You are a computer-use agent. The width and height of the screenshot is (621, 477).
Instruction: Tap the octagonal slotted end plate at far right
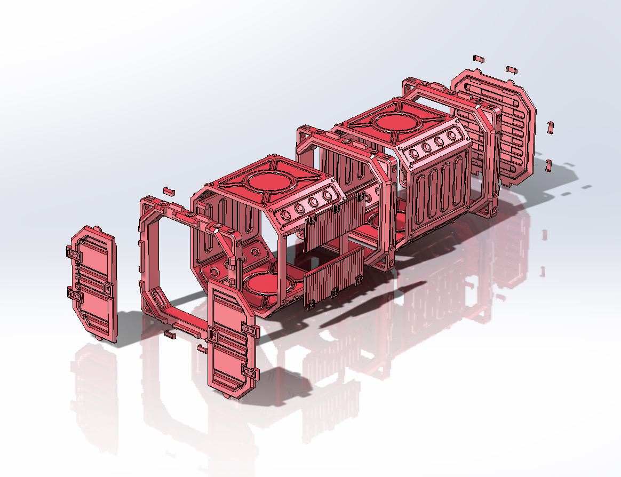click(x=493, y=128)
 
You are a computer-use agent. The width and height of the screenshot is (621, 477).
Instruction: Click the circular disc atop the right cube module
click(x=397, y=122)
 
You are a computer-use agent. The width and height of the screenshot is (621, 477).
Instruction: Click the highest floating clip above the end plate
click(x=478, y=58)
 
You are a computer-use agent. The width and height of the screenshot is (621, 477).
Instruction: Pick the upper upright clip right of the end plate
click(x=550, y=127)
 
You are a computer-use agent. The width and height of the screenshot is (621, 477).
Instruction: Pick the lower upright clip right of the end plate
click(x=549, y=164)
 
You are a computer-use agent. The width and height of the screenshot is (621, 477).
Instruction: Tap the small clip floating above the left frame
click(x=169, y=189)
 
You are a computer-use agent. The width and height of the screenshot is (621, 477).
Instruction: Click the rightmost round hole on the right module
click(x=453, y=136)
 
